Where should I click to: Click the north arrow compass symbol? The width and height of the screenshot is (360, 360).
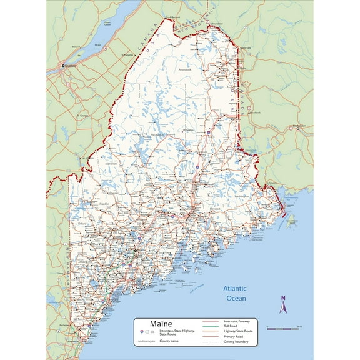282,306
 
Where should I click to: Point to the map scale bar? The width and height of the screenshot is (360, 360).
284,327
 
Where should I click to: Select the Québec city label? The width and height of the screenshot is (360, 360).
69,64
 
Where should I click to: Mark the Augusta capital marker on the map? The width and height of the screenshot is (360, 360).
136,251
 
